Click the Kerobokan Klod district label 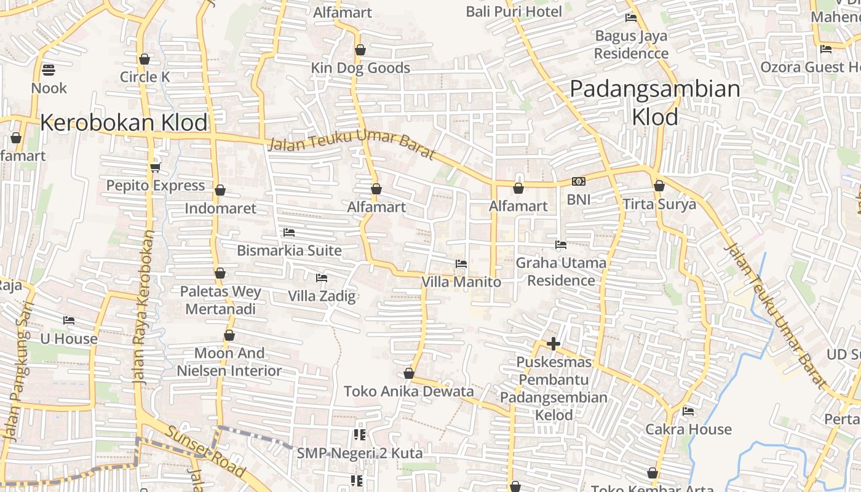pos(124,123)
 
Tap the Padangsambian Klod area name pos(655,103)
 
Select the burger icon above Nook pos(49,69)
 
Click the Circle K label pos(145,77)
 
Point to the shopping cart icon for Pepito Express pos(155,167)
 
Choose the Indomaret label pos(220,208)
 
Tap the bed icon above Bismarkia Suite pos(289,232)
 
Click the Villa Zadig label pos(322,296)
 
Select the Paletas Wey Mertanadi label pos(220,300)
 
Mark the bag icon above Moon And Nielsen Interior pos(229,335)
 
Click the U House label pos(69,339)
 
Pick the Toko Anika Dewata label pos(408,392)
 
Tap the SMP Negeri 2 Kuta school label pos(360,454)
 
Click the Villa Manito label pos(461,282)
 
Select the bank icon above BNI pos(578,181)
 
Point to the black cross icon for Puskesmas pos(553,344)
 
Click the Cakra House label pos(688,429)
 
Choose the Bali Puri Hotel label pos(514,12)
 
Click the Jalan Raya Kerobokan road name pos(145,307)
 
